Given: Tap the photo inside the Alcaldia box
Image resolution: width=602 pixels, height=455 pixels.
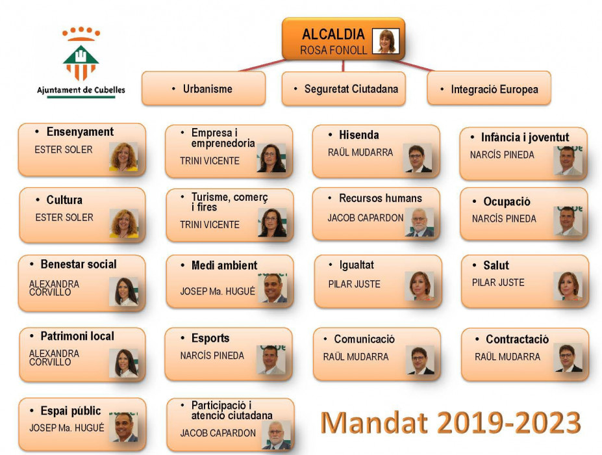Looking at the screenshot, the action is coord(386,41).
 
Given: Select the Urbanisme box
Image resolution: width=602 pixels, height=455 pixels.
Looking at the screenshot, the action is coord(203,88).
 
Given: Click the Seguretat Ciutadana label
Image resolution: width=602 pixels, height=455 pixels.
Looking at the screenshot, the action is coord(351,89).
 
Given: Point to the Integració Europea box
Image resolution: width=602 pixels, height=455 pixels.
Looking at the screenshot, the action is coord(489,88).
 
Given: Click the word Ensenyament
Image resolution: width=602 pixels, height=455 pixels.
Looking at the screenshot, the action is coord(80,132).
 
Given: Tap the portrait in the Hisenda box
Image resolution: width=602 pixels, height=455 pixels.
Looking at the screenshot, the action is coord(418,158).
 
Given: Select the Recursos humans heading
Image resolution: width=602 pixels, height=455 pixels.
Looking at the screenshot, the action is coord(380,198).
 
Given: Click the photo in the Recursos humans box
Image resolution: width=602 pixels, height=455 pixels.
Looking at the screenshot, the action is coord(420,222).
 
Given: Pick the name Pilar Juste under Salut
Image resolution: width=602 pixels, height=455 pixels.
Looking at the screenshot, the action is coord(498,283).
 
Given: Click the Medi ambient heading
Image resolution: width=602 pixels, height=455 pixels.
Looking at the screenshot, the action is coord(224,265).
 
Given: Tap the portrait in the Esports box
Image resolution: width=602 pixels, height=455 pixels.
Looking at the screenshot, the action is coord(271,359).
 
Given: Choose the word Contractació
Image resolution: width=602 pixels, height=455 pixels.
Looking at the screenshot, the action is coord(517,339).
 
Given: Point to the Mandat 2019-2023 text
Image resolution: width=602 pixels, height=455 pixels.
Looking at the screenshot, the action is coord(450,422).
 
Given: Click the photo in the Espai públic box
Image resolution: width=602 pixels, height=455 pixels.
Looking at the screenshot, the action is coord(123,427).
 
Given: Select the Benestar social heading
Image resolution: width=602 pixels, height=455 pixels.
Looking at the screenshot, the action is coord(79,265).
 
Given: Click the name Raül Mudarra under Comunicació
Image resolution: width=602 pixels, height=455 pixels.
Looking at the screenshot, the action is coord(355,357).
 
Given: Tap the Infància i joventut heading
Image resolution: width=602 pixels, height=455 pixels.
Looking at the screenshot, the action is coord(525,137).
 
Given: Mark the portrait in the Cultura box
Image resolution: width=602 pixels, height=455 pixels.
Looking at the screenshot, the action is coord(124,223).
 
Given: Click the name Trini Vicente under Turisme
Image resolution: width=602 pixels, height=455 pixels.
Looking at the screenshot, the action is coord(210,224).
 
